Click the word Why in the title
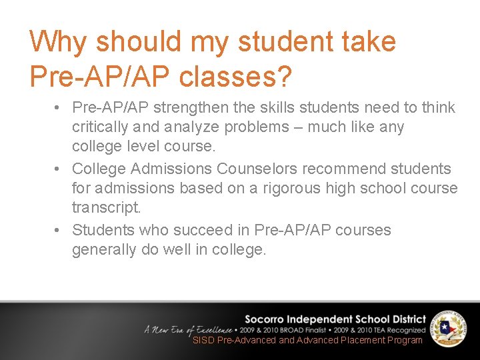point(57,42)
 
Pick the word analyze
point(191,127)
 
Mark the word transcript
point(107,207)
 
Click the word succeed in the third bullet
point(206,230)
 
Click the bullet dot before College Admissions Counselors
point(59,169)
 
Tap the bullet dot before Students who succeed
point(59,230)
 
